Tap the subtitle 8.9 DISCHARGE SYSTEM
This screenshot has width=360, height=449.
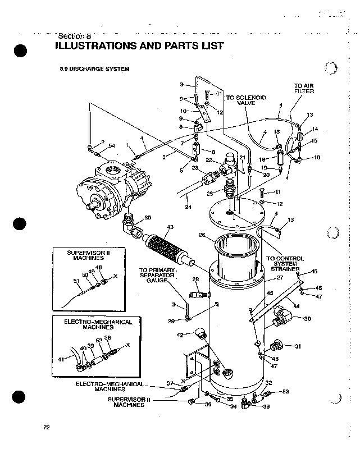pyautogui.click(x=95, y=69)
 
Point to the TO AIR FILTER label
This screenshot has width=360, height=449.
pyautogui.click(x=304, y=88)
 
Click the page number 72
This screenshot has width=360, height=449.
pyautogui.click(x=47, y=427)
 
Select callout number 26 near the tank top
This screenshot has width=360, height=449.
pyautogui.click(x=202, y=235)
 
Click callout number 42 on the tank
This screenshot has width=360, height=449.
pyautogui.click(x=180, y=335)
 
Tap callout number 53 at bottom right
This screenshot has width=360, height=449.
pyautogui.click(x=285, y=391)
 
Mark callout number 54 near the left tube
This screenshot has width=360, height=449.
pyautogui.click(x=112, y=146)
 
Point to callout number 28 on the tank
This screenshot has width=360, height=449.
pyautogui.click(x=197, y=279)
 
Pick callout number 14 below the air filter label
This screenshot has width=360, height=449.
pyautogui.click(x=315, y=129)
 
